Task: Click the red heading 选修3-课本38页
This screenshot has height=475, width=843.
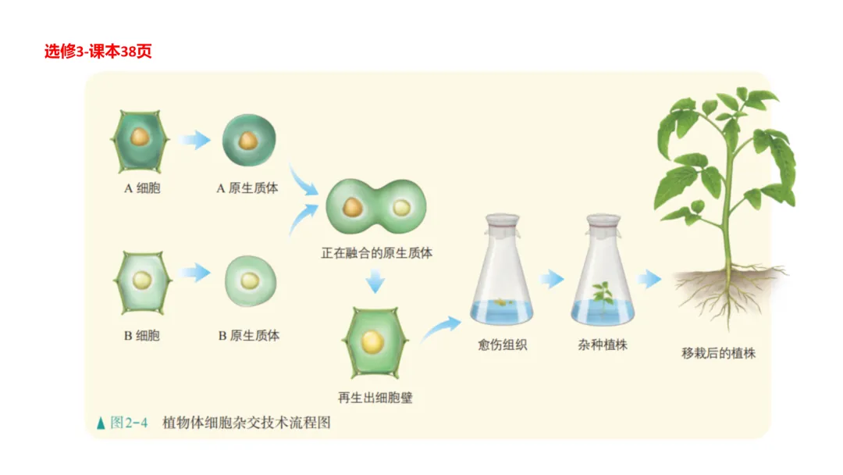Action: coord(98,52)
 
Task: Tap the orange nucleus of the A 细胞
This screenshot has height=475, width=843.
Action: coord(140,139)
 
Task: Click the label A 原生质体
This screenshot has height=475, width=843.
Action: coord(247,188)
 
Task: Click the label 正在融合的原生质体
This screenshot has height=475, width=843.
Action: coord(377,253)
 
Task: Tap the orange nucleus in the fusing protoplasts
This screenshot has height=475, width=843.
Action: coord(352,207)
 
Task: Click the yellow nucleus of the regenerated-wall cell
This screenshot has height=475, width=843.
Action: coord(372,341)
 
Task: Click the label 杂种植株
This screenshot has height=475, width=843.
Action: coord(603,344)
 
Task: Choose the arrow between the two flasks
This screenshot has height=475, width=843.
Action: coord(552,279)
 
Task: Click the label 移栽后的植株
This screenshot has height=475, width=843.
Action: coord(718,353)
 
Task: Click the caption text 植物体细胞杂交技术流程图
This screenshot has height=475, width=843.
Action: coord(247,423)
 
